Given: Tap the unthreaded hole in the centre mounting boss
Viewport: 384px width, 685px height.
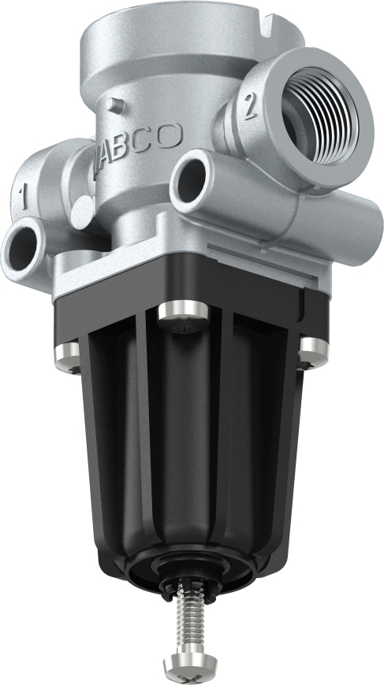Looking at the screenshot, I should point(190,180).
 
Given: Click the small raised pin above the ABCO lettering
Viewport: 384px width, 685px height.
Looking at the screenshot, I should point(115,101).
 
